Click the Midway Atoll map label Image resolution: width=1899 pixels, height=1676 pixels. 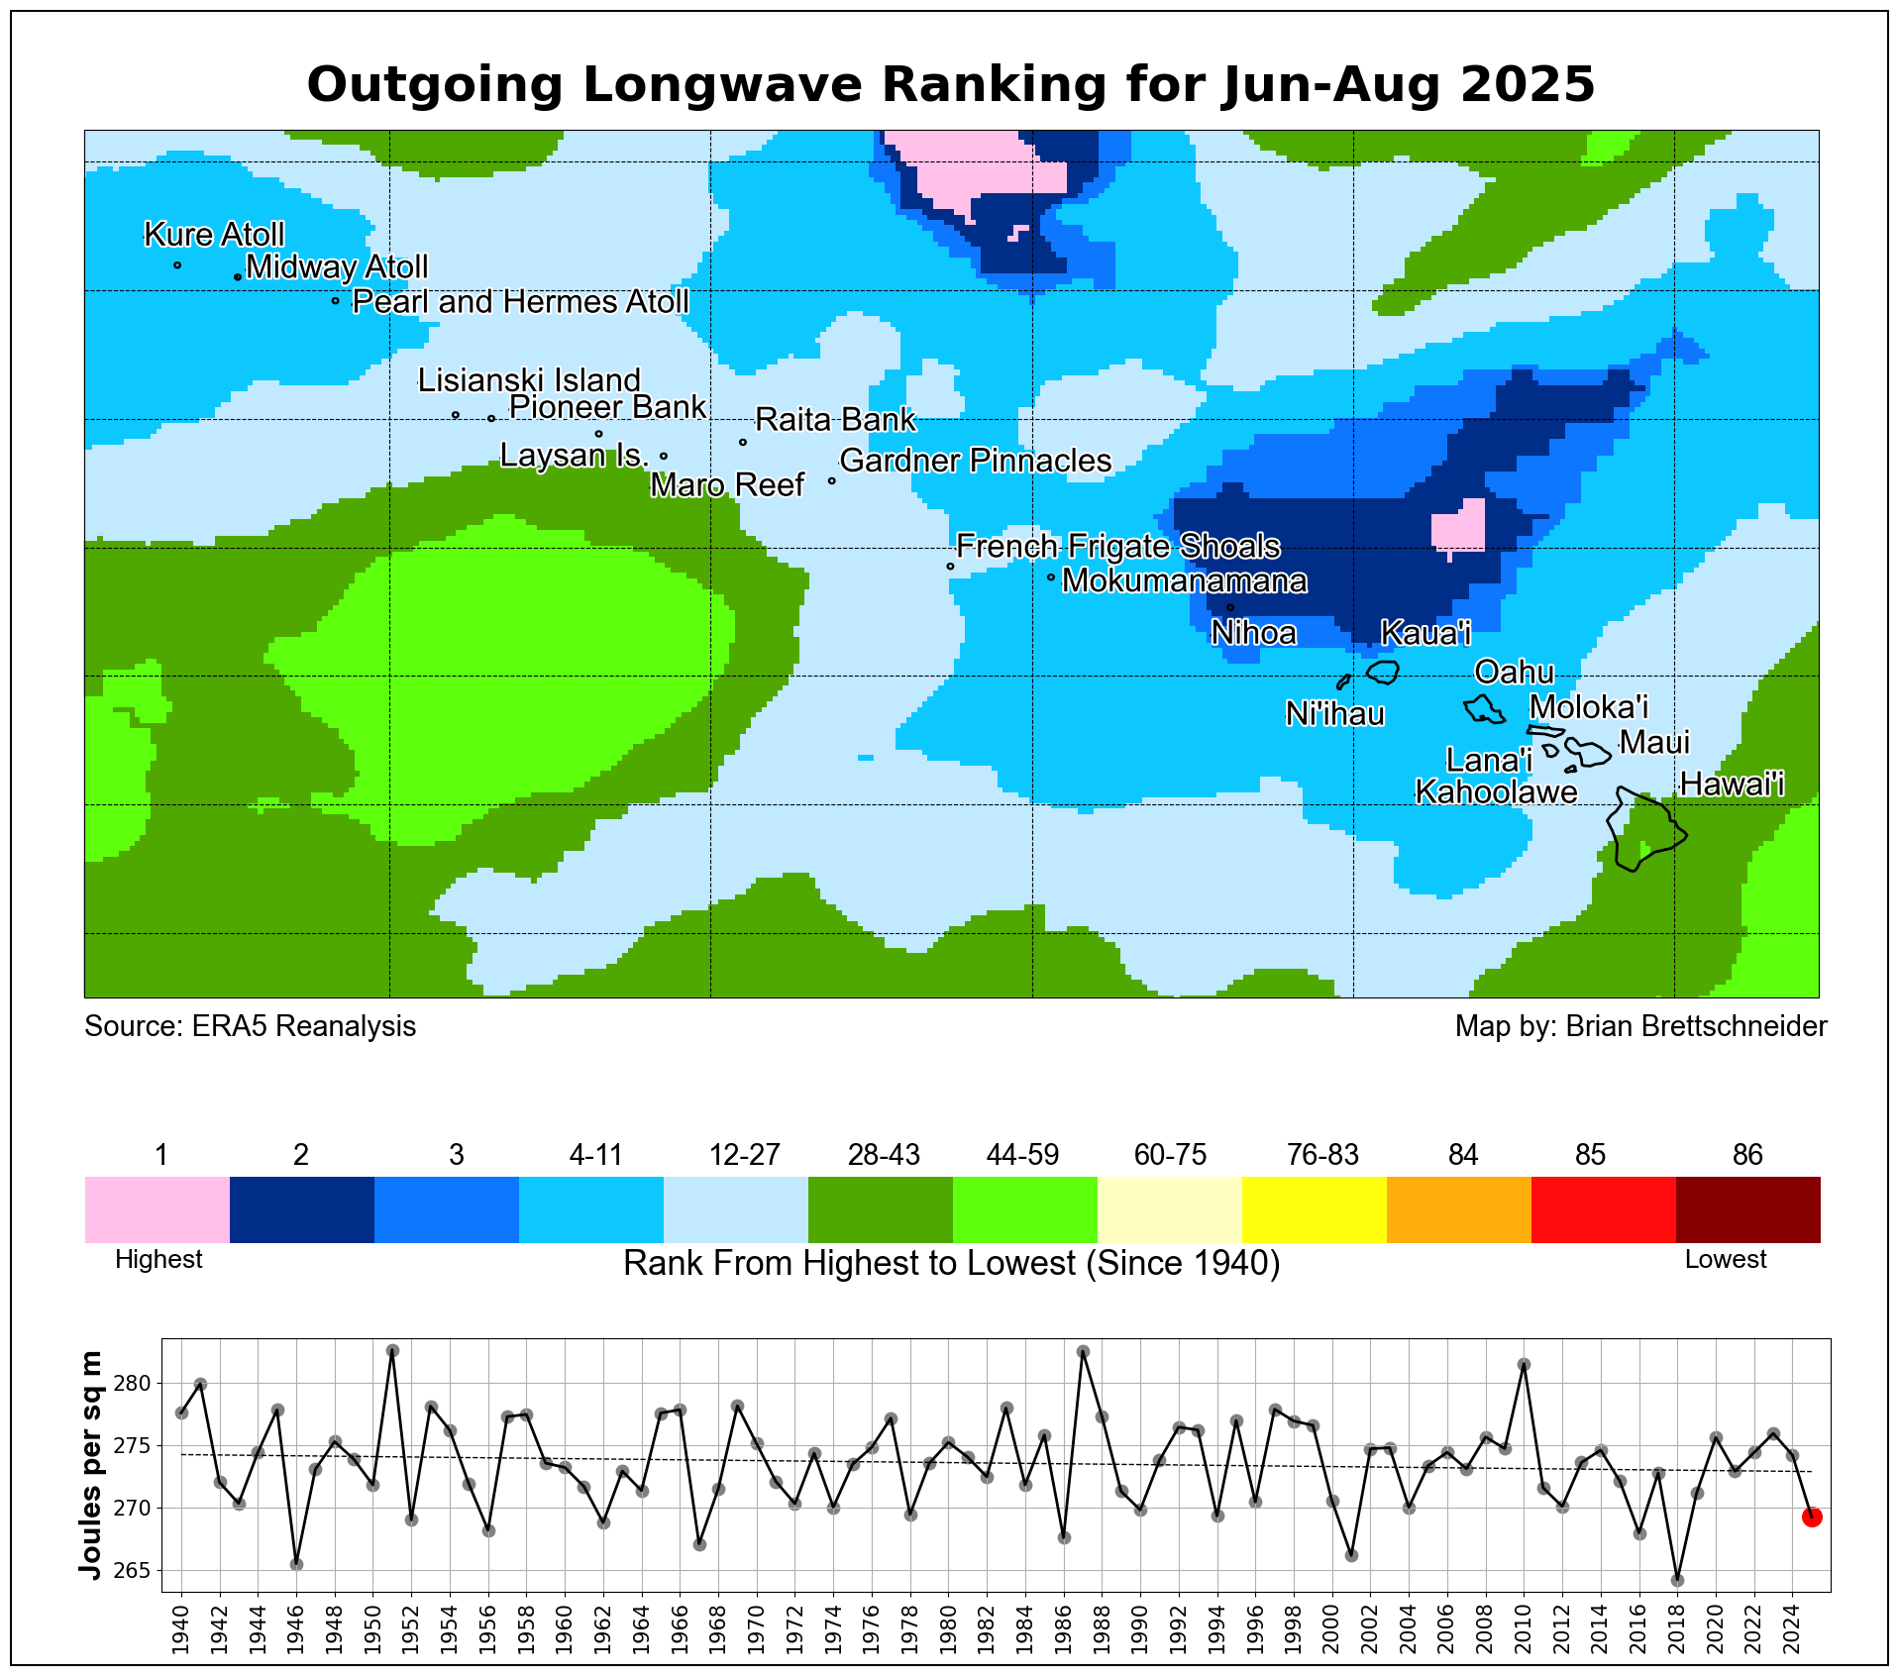pyautogui.click(x=337, y=267)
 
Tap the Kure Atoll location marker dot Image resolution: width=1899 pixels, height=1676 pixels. pyautogui.click(x=177, y=264)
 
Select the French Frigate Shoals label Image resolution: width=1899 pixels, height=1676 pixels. pyautogui.click(x=1117, y=547)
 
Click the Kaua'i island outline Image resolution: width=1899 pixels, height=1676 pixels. pyautogui.click(x=1383, y=672)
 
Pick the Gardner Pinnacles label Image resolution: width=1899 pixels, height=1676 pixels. pyautogui.click(x=975, y=461)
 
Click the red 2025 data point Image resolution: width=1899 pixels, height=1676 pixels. pyautogui.click(x=1811, y=1517)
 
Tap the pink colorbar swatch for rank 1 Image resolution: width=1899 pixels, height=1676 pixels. pyautogui.click(x=157, y=1208)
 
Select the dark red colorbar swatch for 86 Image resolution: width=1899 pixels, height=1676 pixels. pyautogui.click(x=1747, y=1208)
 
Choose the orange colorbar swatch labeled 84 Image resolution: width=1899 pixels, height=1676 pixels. pyautogui.click(x=1458, y=1208)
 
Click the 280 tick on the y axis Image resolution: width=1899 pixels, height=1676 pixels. pyautogui.click(x=138, y=1383)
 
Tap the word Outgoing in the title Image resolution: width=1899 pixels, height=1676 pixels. pyautogui.click(x=435, y=84)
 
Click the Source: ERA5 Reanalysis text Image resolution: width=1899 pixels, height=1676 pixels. pyautogui.click(x=250, y=1026)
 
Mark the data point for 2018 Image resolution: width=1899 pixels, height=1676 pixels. pyautogui.click(x=1677, y=1580)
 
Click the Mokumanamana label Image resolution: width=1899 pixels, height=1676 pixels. pyautogui.click(x=1184, y=580)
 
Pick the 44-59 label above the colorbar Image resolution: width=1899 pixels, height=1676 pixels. pyautogui.click(x=1022, y=1155)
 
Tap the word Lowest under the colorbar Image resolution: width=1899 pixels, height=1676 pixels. pyautogui.click(x=1726, y=1259)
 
